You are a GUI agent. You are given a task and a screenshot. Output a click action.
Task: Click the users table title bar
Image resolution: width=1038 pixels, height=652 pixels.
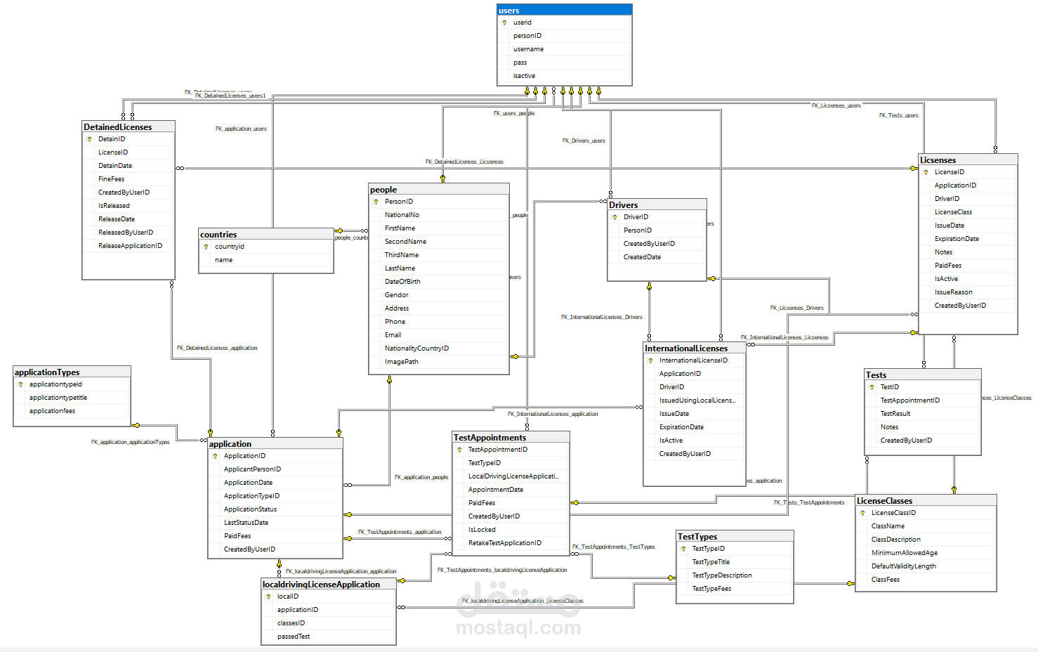pyautogui.click(x=564, y=11)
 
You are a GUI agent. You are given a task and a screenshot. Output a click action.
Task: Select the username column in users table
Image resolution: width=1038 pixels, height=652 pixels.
pyautogui.click(x=528, y=49)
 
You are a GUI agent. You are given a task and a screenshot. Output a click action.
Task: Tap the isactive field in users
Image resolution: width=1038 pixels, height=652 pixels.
pyautogui.click(x=524, y=76)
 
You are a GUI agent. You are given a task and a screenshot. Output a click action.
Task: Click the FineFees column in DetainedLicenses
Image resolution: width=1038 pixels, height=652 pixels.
pyautogui.click(x=111, y=179)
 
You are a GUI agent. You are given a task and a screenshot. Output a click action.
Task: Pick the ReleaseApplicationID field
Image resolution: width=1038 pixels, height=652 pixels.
pyautogui.click(x=130, y=246)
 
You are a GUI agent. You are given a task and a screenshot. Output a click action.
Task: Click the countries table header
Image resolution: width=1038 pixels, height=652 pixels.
pyautogui.click(x=265, y=235)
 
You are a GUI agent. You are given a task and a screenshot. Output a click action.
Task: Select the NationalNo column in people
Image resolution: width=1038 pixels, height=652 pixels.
pyautogui.click(x=402, y=215)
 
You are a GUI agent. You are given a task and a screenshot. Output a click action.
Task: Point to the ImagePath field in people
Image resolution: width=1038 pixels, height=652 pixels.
pyautogui.click(x=401, y=362)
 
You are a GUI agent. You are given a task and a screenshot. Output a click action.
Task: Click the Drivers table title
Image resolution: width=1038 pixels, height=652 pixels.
pyautogui.click(x=657, y=205)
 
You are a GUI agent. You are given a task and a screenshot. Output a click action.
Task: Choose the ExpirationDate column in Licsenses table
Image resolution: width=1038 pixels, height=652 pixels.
pyautogui.click(x=957, y=239)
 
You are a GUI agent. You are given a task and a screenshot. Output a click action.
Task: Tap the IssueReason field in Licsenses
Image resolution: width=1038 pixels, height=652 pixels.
pyautogui.click(x=953, y=292)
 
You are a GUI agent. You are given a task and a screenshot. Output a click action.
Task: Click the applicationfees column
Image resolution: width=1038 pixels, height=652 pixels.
pyautogui.click(x=52, y=411)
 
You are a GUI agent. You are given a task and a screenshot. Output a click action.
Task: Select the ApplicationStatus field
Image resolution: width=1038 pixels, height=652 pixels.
pyautogui.click(x=250, y=509)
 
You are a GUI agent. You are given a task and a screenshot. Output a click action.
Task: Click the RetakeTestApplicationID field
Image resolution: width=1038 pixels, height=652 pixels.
pyautogui.click(x=505, y=543)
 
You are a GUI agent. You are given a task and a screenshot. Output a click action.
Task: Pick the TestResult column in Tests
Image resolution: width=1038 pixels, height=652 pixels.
pyautogui.click(x=895, y=414)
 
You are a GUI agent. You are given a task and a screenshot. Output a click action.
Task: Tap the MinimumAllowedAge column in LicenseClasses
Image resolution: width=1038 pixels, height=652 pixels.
pyautogui.click(x=905, y=553)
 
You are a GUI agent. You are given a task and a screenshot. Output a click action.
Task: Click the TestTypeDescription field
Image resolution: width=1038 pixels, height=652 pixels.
pyautogui.click(x=722, y=575)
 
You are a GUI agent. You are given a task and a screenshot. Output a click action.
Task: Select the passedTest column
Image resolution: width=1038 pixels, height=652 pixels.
pyautogui.click(x=294, y=637)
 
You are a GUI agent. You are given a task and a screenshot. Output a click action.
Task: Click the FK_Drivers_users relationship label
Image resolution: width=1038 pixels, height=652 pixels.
pyautogui.click(x=584, y=141)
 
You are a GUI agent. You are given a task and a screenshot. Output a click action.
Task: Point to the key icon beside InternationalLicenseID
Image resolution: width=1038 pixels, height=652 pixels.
pyautogui.click(x=650, y=360)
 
